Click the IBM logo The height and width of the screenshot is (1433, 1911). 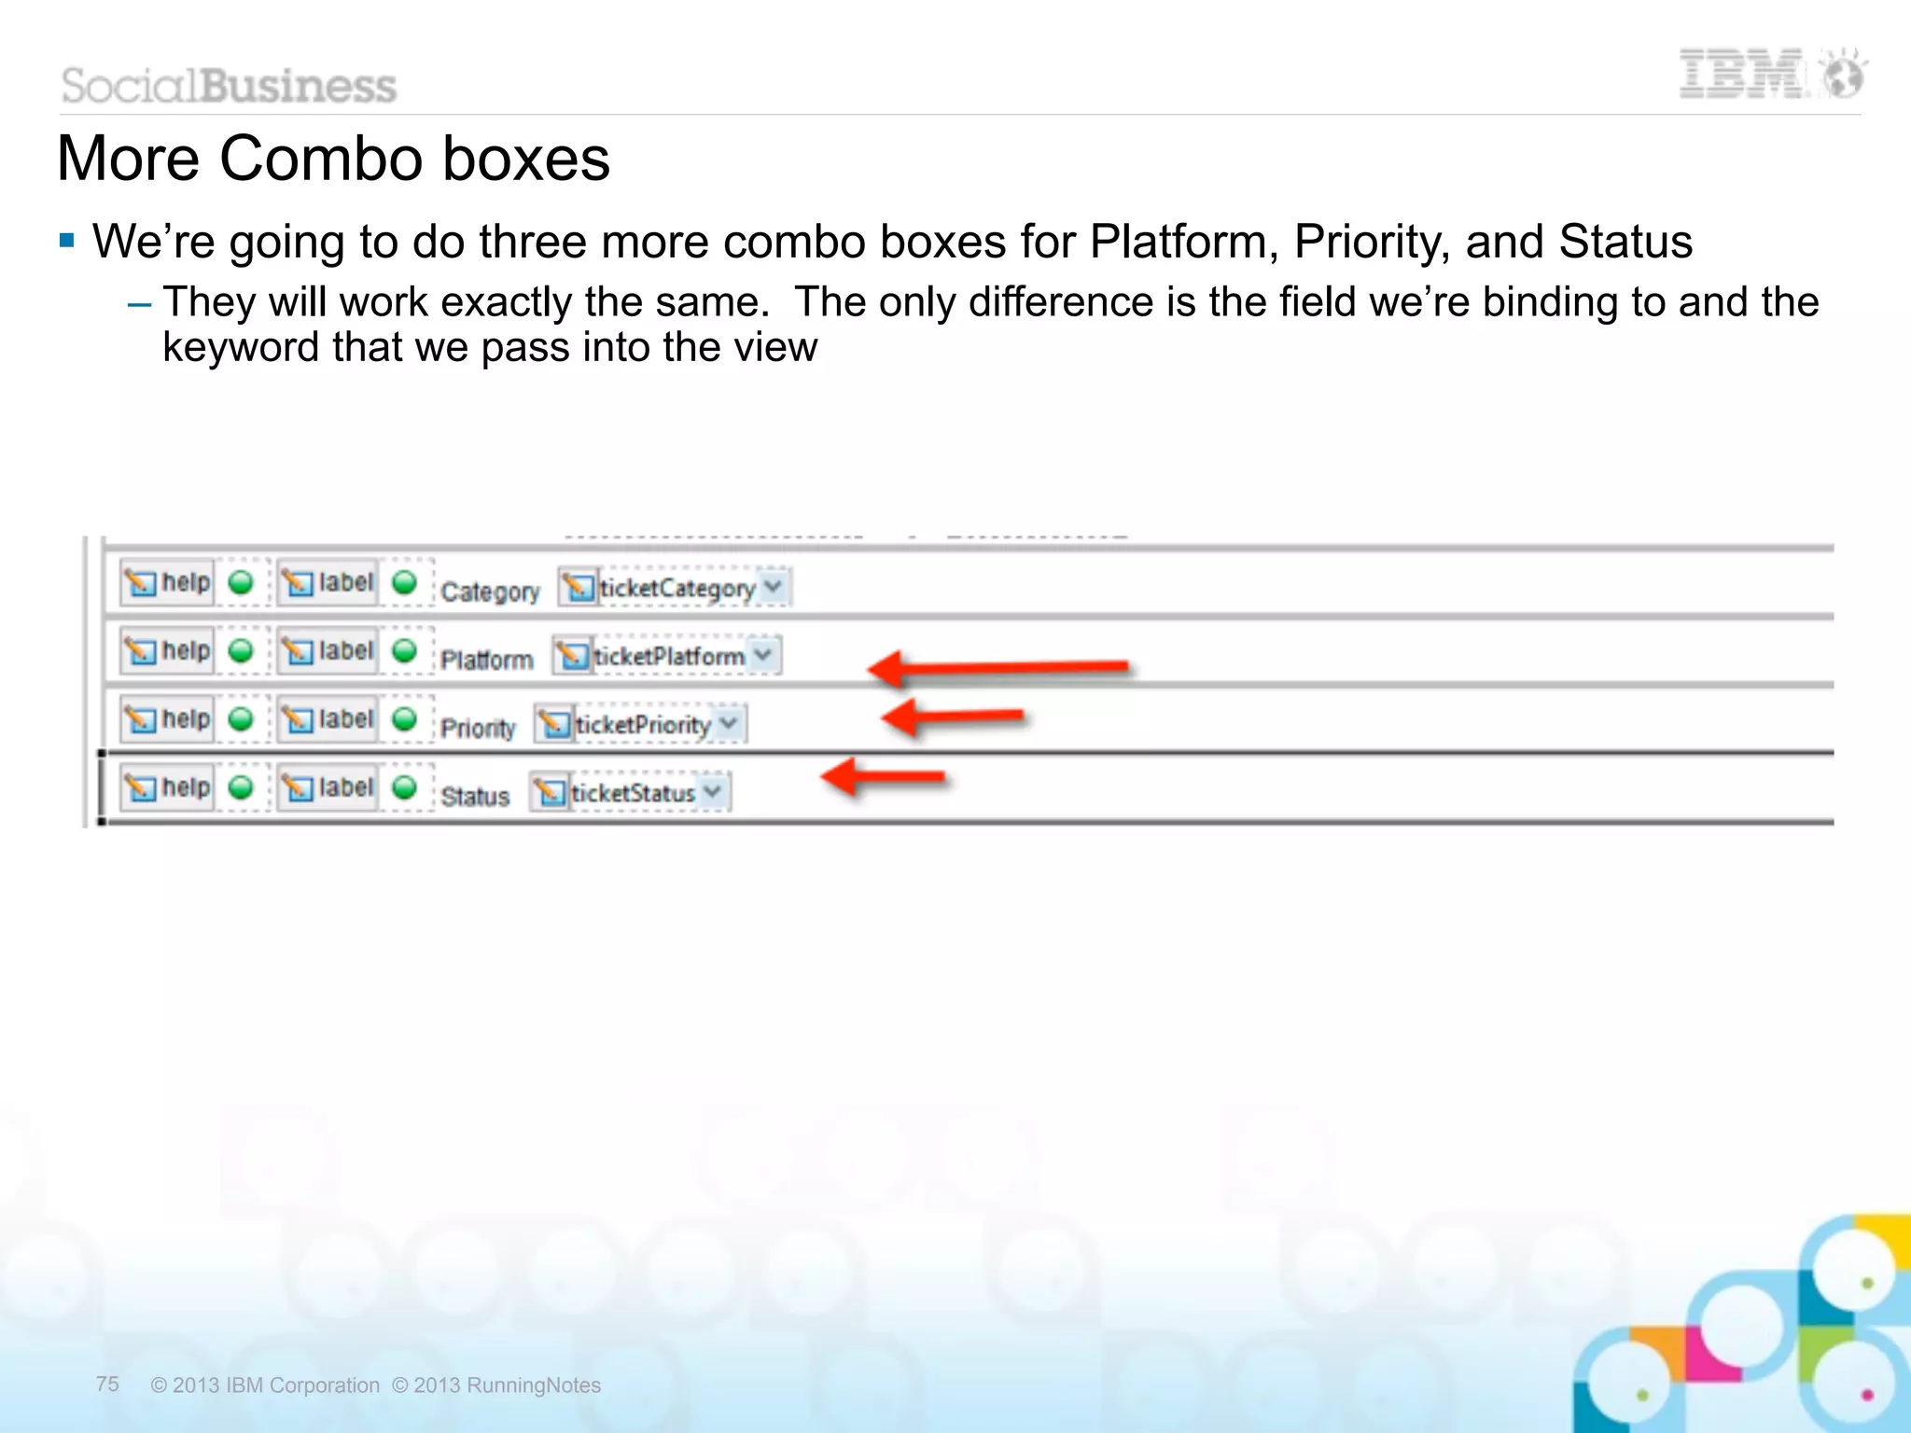click(1770, 75)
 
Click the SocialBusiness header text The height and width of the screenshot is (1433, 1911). click(230, 86)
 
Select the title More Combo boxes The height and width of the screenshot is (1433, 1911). click(333, 159)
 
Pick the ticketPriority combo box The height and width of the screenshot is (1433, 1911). click(641, 725)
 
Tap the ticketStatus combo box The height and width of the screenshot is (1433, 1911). click(631, 793)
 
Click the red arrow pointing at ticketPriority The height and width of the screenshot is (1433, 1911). click(952, 718)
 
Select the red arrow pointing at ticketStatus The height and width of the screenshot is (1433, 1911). click(883, 777)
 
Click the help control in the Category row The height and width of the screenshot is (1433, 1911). click(168, 583)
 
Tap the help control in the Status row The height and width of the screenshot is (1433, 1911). click(168, 788)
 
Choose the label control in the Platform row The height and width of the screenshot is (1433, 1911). click(328, 651)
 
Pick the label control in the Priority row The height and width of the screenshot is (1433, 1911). click(328, 719)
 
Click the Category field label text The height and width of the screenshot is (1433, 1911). click(490, 591)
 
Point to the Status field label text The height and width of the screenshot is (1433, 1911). click(475, 797)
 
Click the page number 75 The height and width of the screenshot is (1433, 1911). click(107, 1384)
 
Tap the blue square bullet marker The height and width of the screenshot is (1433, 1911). click(66, 242)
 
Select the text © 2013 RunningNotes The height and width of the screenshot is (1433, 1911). click(496, 1385)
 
